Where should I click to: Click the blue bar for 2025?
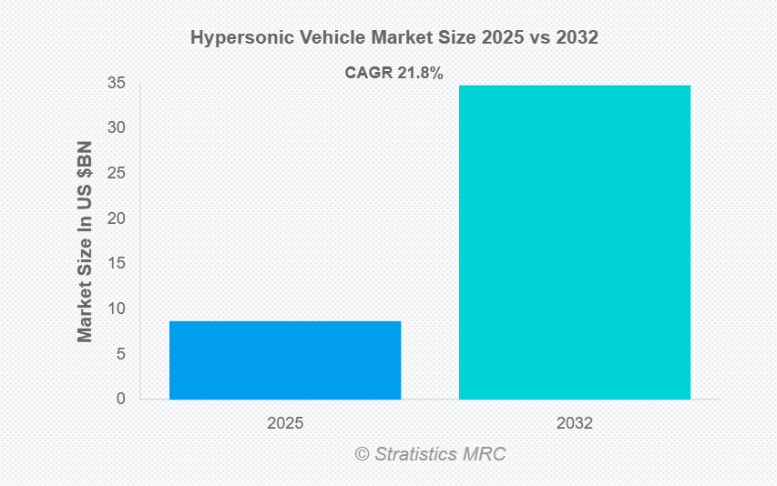(x=285, y=359)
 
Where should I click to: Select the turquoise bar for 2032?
(x=574, y=242)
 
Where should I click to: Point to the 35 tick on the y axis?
(x=117, y=84)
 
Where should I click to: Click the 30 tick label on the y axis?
(x=117, y=127)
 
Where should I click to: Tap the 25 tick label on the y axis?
(x=117, y=173)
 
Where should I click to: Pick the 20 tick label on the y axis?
(x=117, y=218)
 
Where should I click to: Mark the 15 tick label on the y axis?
(x=117, y=263)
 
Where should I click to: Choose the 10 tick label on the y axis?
(x=117, y=309)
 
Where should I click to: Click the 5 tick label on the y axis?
(x=120, y=353)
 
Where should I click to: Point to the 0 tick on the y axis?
(x=120, y=399)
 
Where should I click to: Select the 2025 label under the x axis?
(x=285, y=424)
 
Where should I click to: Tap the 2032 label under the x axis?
(x=574, y=424)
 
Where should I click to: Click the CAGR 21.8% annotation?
(x=394, y=74)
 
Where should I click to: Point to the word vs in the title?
(x=532, y=38)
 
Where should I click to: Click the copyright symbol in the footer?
(x=362, y=453)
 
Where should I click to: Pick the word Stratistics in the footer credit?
(x=420, y=453)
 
